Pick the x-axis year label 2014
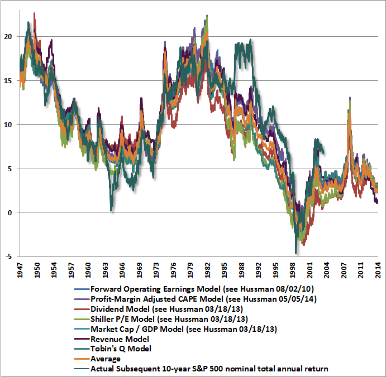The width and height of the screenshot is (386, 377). (378, 269)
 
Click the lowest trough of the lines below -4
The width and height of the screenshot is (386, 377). (296, 254)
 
